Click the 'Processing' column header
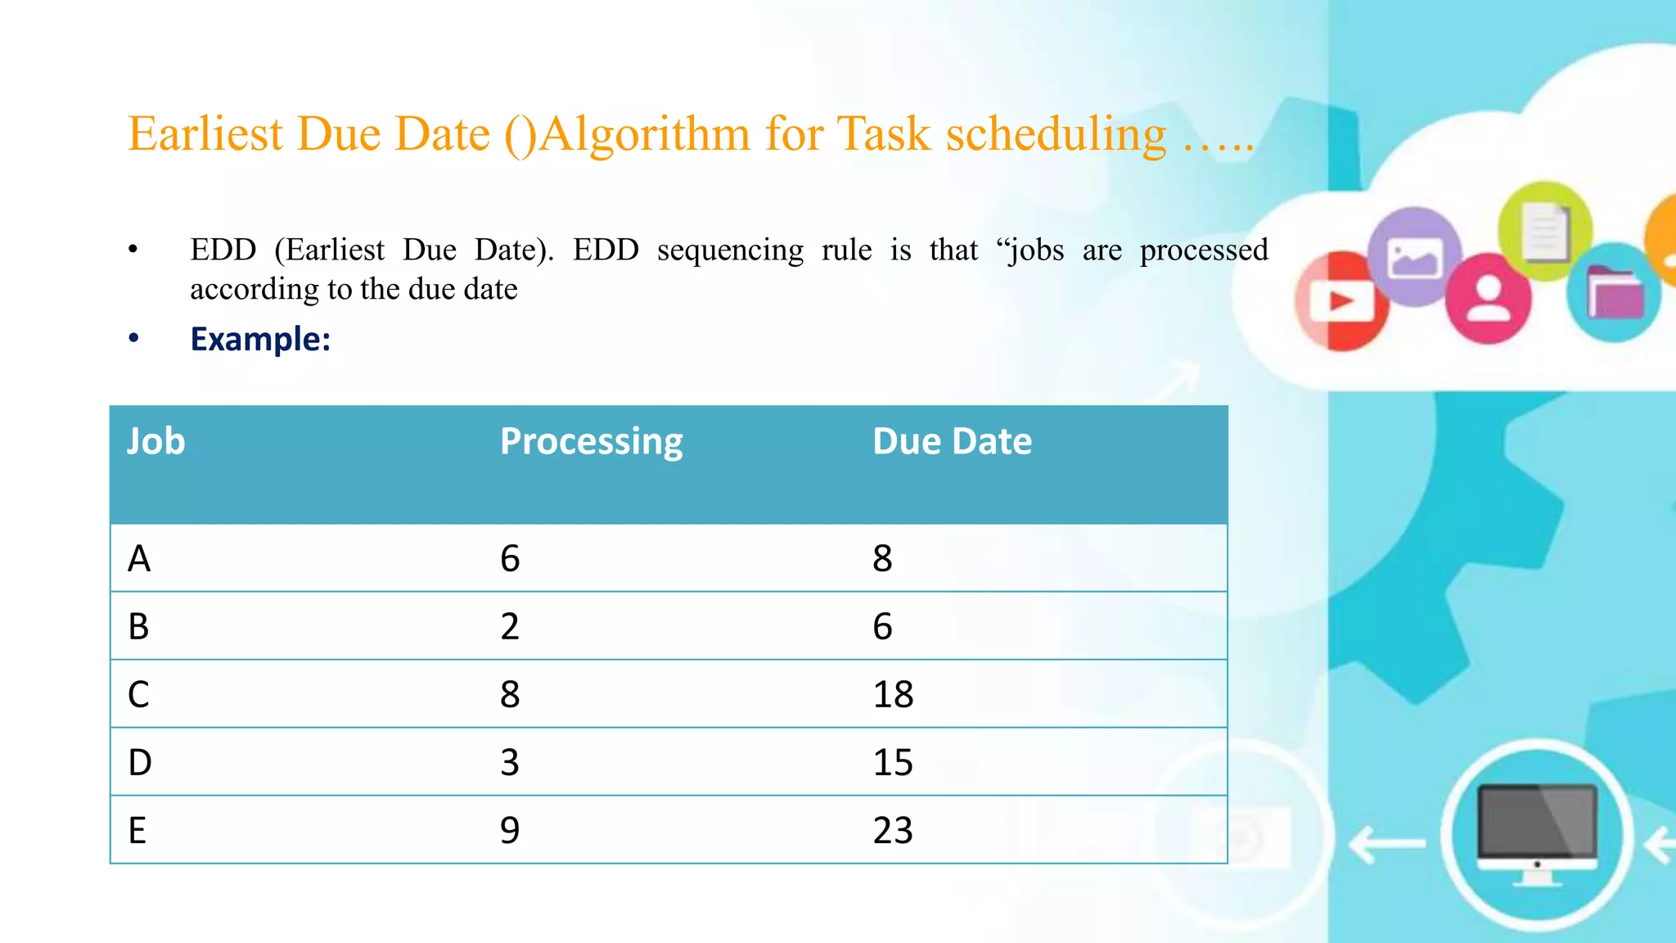(591, 442)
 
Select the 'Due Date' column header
(952, 442)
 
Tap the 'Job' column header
(155, 442)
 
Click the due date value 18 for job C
(893, 694)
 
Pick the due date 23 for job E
(893, 830)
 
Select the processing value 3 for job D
(510, 762)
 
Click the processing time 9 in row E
(510, 830)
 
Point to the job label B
(138, 626)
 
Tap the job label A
(139, 558)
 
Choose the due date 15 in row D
(893, 762)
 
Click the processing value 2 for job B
(510, 626)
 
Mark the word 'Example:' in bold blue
(260, 339)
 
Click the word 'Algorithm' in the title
(644, 133)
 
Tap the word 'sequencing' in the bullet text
(730, 250)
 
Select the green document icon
(1545, 231)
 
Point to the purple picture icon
(1414, 257)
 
